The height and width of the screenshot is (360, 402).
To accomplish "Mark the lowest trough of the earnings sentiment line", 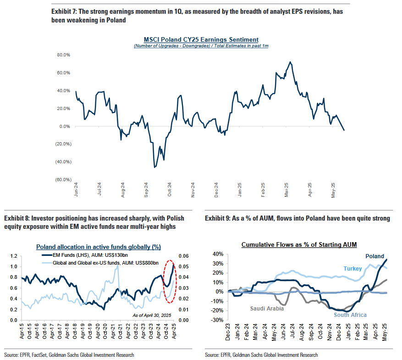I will click(154, 167).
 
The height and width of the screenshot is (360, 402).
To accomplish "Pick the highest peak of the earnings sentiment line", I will click(290, 62).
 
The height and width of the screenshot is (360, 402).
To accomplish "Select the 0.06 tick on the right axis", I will click(184, 256).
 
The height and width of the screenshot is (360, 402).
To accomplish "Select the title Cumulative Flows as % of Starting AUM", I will click(299, 244).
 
